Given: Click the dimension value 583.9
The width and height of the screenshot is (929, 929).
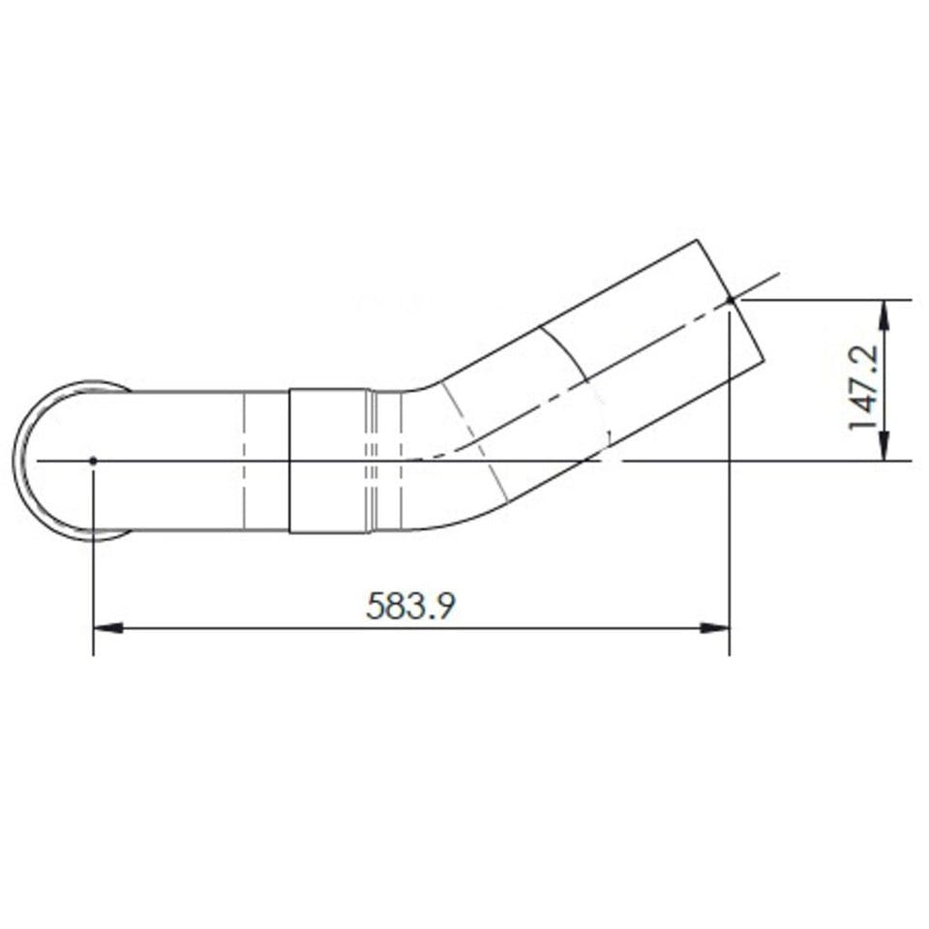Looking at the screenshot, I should pyautogui.click(x=410, y=606).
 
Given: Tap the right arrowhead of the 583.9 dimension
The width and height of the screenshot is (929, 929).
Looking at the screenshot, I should pyautogui.click(x=715, y=628).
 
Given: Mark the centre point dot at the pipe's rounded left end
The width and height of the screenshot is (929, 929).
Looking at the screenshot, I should pyautogui.click(x=93, y=461).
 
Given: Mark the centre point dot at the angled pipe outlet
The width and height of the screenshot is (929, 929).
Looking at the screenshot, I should pyautogui.click(x=730, y=300).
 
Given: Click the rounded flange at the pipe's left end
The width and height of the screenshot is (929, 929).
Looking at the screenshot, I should pyautogui.click(x=29, y=461).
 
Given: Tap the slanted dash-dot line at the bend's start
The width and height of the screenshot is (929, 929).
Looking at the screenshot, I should pyautogui.click(x=474, y=435).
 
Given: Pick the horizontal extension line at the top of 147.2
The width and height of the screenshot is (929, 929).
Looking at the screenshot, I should pyautogui.click(x=823, y=300).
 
